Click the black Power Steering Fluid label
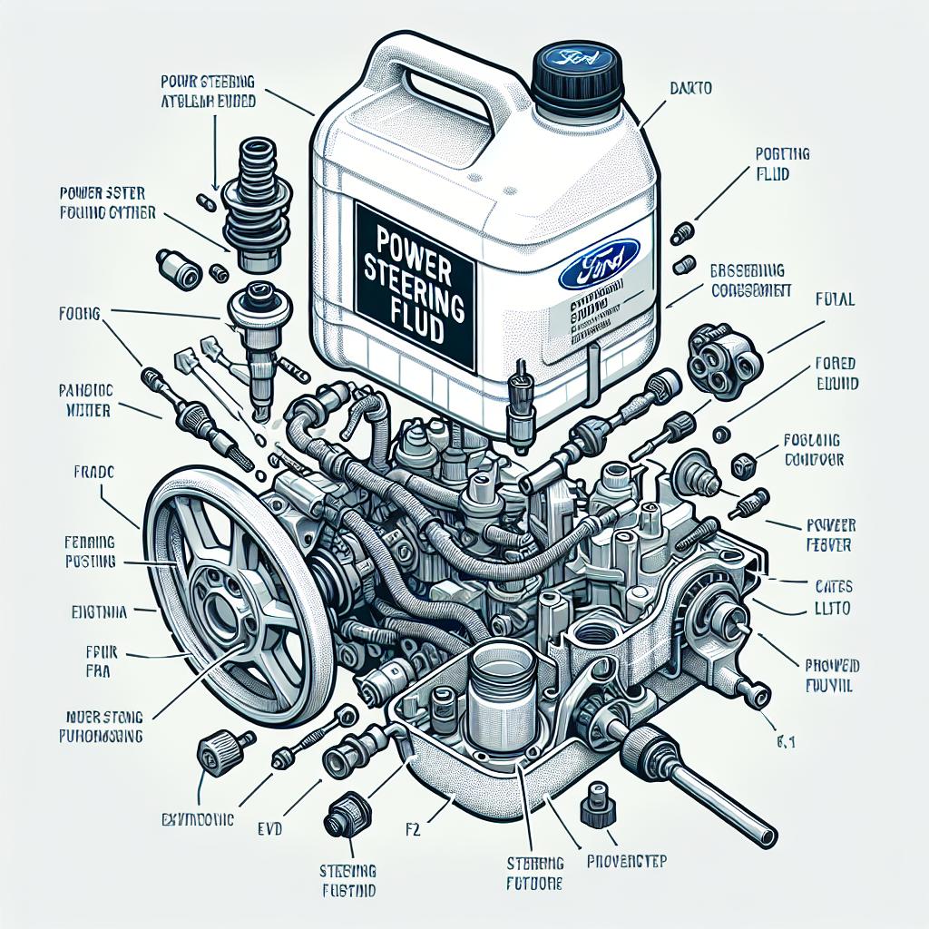416,284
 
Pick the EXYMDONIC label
192,819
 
